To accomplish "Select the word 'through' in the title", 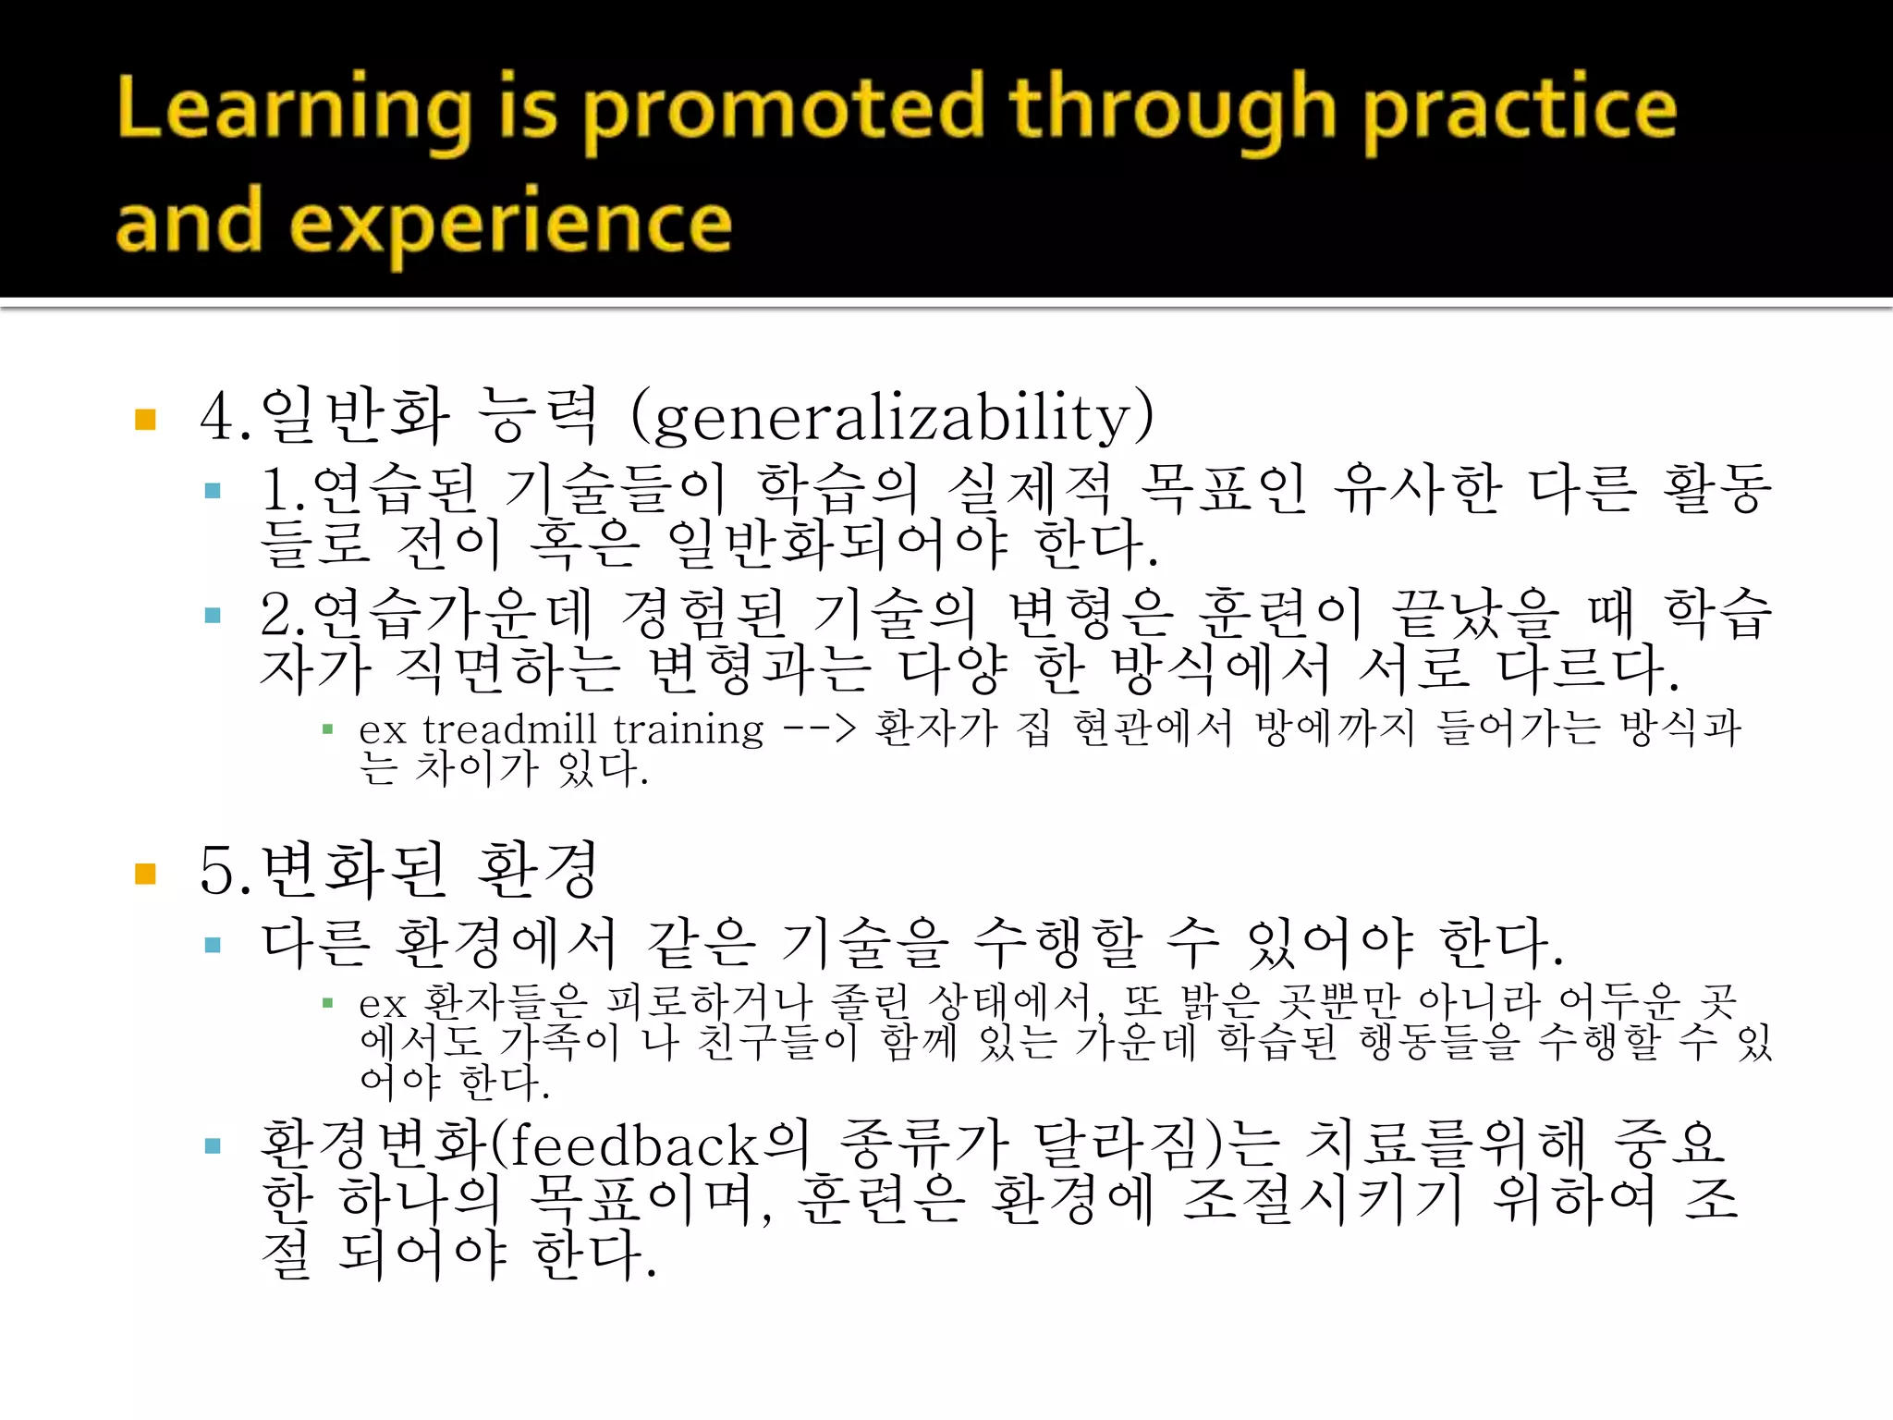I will pos(1172,110).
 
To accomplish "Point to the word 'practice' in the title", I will pos(1520,110).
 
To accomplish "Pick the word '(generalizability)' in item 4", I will pos(892,416).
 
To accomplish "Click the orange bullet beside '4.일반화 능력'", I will pos(145,420).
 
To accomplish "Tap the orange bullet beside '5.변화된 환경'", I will pos(145,874).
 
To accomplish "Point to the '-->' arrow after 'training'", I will pos(819,729).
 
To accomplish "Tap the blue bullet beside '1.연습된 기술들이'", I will pos(213,491).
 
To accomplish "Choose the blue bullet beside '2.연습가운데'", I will pos(213,616).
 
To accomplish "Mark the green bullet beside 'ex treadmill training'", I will pos(327,730).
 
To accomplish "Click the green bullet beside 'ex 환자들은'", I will pos(327,1003).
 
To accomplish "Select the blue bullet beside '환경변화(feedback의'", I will pos(213,1147).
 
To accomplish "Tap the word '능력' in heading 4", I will pos(539,416).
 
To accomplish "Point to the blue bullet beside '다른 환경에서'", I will pos(213,945).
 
